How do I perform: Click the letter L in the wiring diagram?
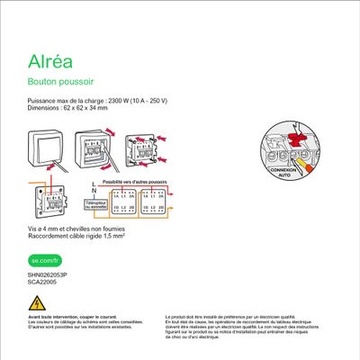pyautogui.click(x=94, y=182)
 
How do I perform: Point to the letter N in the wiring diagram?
pyautogui.click(x=94, y=190)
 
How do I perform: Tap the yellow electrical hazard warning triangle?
pyautogui.click(x=37, y=302)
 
